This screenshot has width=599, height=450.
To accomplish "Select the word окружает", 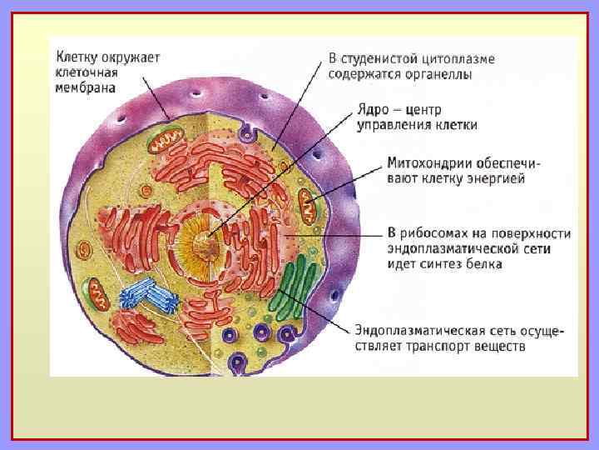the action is pyautogui.click(x=130, y=57).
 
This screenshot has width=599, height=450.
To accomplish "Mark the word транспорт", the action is pyautogui.click(x=448, y=347).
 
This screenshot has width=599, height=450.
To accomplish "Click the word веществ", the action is pyautogui.click(x=502, y=347).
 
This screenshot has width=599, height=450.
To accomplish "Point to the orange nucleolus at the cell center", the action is pyautogui.click(x=203, y=244).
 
